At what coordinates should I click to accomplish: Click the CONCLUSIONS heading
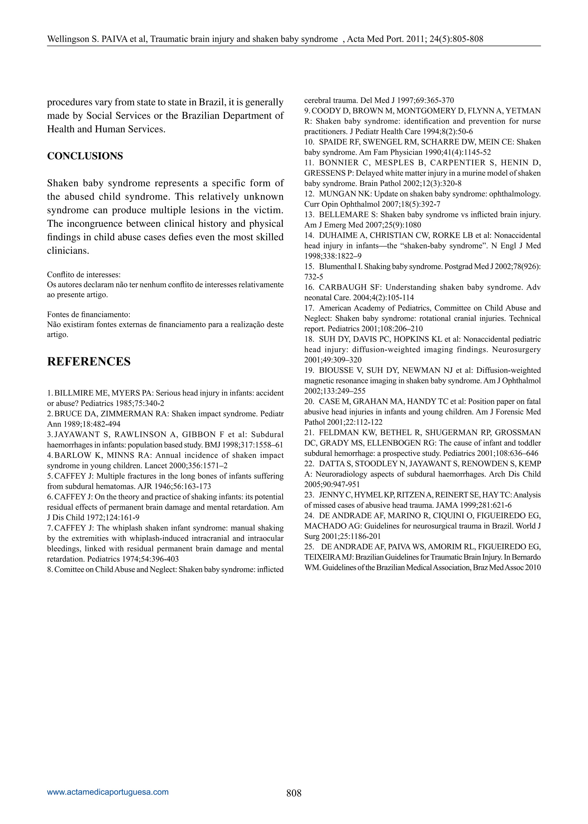coord(85,156)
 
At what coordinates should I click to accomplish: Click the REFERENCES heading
coord(89,362)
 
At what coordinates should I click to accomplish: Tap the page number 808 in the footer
coord(294,793)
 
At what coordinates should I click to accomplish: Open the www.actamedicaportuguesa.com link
coord(108,792)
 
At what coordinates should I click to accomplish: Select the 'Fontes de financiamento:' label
coord(89,314)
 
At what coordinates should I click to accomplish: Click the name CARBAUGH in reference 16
coord(338,287)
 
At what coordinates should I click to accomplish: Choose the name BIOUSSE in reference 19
coord(336,370)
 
